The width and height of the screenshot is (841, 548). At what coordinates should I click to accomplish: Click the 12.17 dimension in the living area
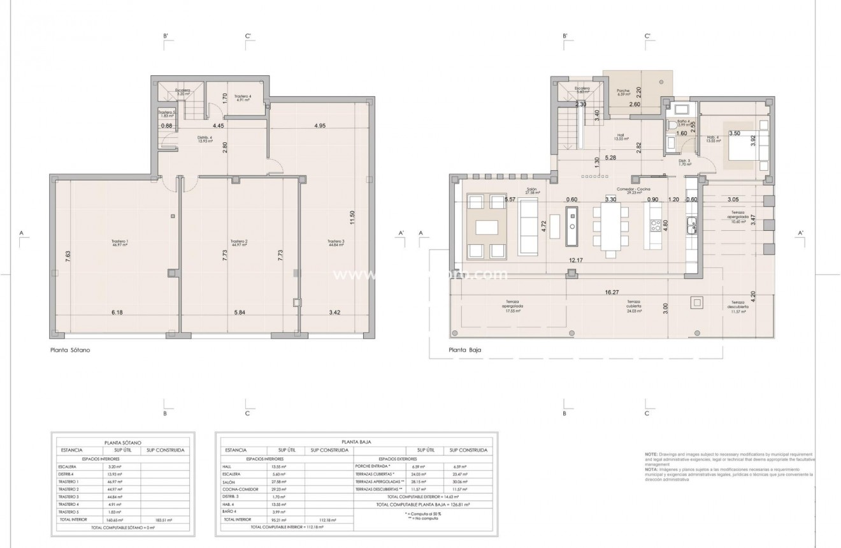point(576,260)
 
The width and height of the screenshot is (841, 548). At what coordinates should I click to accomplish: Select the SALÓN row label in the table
point(231,483)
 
